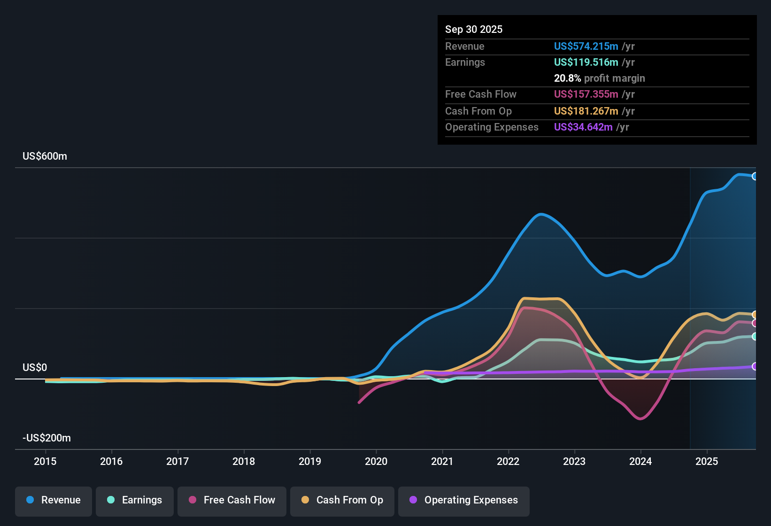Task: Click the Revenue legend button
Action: click(x=54, y=500)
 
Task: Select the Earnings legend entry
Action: click(x=135, y=500)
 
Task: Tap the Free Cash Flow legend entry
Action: click(x=232, y=500)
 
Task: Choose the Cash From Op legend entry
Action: click(x=342, y=500)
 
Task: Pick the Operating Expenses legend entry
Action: click(x=464, y=500)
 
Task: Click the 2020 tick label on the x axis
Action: click(x=376, y=462)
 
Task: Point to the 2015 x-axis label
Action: click(x=45, y=462)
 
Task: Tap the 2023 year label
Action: click(x=574, y=462)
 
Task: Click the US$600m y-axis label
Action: click(x=45, y=156)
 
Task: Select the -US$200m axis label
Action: click(x=46, y=438)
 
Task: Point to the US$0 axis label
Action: click(x=35, y=368)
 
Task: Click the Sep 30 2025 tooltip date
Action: click(x=474, y=30)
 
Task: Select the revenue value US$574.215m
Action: click(x=586, y=46)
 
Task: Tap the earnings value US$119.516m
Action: click(x=586, y=62)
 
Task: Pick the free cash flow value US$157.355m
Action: click(x=586, y=94)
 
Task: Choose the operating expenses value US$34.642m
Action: click(x=583, y=127)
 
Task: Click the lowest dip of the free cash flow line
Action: click(x=640, y=418)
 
